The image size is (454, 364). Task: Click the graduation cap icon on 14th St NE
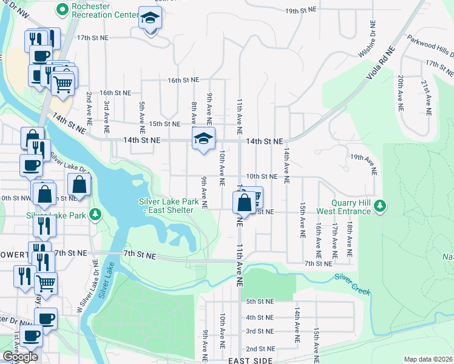(204, 139)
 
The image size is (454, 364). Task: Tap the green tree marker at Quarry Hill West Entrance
(380, 206)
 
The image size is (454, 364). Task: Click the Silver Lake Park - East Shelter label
(166, 206)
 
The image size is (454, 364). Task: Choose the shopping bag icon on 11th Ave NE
(244, 202)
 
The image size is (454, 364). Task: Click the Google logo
(20, 357)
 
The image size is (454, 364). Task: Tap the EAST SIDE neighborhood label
(250, 360)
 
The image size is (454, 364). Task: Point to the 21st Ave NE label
(428, 97)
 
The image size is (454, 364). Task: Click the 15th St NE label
(164, 124)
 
